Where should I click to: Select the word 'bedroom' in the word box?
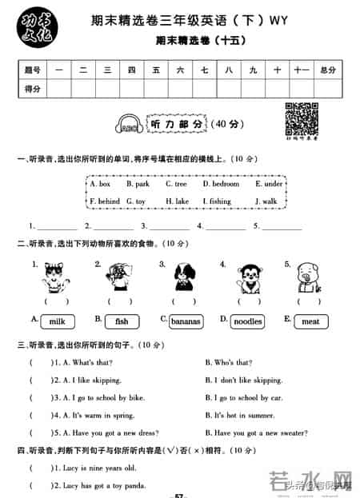pyautogui.click(x=220, y=184)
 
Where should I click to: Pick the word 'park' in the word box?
pyautogui.click(x=142, y=184)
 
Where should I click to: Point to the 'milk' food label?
pyautogui.click(x=57, y=321)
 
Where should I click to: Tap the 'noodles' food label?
pyautogui.click(x=247, y=321)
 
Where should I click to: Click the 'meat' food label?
pyautogui.click(x=310, y=321)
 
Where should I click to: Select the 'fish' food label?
pyautogui.click(x=122, y=321)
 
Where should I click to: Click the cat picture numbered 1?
pyautogui.click(x=55, y=277)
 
